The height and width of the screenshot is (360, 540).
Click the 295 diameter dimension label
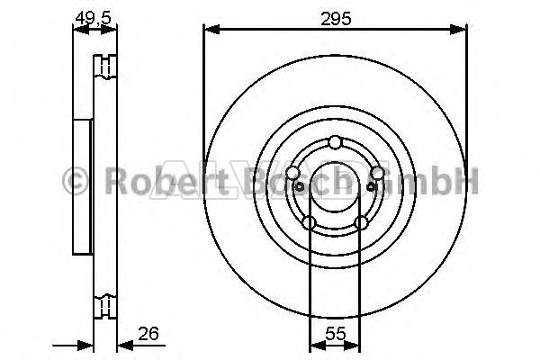click(336, 19)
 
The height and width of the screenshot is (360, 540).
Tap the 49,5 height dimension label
click(94, 17)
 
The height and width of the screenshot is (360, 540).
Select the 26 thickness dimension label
click(148, 334)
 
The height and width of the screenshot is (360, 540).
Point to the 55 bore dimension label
click(335, 334)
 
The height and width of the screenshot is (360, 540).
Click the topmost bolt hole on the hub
click(335, 142)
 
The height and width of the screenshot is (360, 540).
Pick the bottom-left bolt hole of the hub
click(309, 222)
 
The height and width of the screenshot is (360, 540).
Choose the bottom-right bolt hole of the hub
click(361, 222)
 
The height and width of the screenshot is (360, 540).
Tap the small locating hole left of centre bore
click(300, 187)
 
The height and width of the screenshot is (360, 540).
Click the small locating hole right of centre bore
click(371, 187)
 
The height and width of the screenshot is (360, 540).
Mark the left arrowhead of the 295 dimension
click(211, 30)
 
